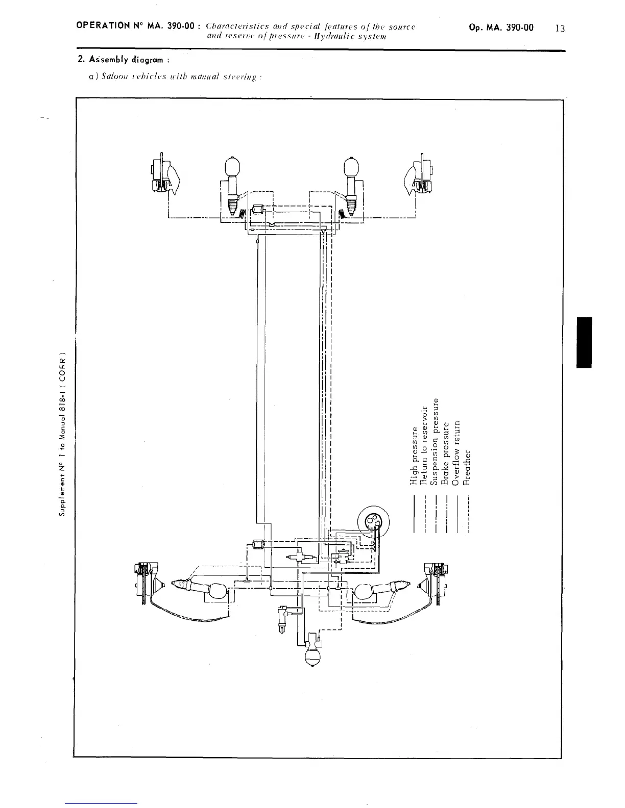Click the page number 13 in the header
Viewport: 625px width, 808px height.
coord(560,29)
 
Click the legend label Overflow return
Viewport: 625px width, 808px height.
coord(457,448)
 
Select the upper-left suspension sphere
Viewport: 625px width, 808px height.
coord(232,166)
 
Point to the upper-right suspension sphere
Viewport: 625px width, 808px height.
coord(351,166)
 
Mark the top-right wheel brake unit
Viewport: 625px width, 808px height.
coord(420,176)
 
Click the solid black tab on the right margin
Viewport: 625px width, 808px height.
coord(584,342)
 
